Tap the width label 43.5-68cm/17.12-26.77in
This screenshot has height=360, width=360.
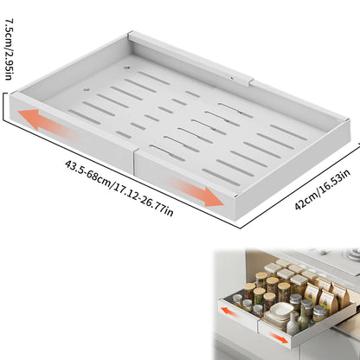pyautogui.click(x=119, y=188)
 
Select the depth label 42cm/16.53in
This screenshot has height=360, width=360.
pyautogui.click(x=322, y=190)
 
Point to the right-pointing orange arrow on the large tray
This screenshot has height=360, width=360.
pyautogui.click(x=197, y=192)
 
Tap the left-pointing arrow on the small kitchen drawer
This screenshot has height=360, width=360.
pyautogui.click(x=230, y=312)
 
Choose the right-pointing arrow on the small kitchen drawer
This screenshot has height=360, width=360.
pyautogui.click(x=279, y=337)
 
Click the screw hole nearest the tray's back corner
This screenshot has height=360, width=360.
pyautogui.click(x=126, y=68)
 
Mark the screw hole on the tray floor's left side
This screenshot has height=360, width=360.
pyautogui.click(x=85, y=89)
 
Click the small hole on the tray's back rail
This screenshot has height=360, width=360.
pyautogui.click(x=232, y=78)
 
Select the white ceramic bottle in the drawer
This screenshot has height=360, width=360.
pyautogui.click(x=292, y=324)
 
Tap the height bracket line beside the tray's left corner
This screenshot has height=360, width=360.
pyautogui.click(x=4, y=106)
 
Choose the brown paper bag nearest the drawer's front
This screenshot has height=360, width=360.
pyautogui.click(x=328, y=302)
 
